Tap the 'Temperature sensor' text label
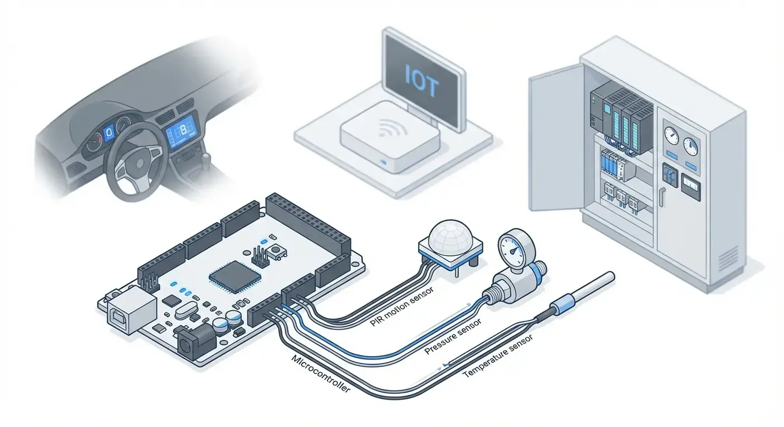pos(499,355)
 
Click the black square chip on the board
pos(234,275)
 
